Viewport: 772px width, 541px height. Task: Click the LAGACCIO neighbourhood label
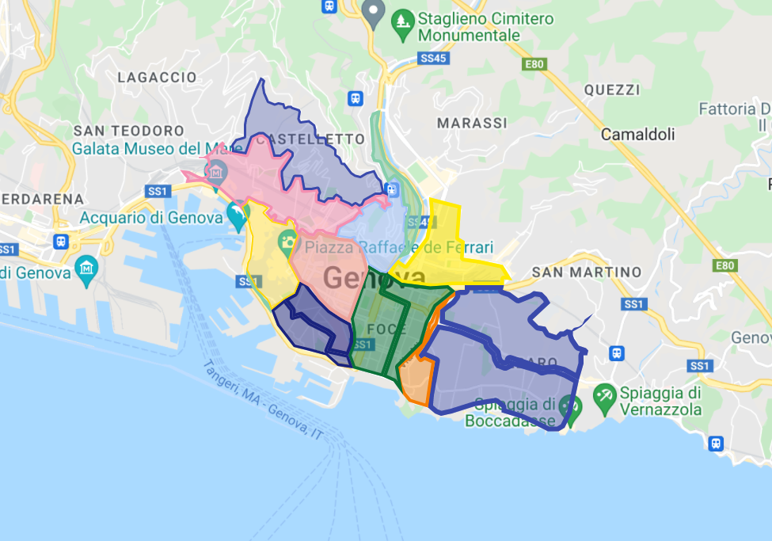point(157,78)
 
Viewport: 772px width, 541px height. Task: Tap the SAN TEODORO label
point(128,130)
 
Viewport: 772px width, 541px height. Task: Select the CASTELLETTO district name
point(310,139)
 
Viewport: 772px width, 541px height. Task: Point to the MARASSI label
point(472,123)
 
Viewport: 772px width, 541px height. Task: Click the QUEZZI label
point(611,90)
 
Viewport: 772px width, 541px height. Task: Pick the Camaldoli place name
point(638,135)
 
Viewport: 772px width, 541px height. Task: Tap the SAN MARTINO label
point(587,272)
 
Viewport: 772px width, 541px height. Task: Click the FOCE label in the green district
point(387,329)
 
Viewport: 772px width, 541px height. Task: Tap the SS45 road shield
point(433,58)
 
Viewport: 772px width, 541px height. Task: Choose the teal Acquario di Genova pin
point(236,213)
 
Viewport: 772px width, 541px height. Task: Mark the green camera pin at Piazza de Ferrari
point(287,242)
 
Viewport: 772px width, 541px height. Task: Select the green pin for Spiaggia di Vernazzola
point(605,394)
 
